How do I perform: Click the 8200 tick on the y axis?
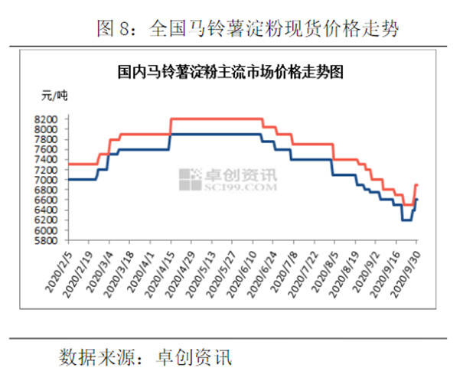click(x=47, y=119)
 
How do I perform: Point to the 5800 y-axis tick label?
click(x=47, y=240)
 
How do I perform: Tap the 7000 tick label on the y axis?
click(x=47, y=180)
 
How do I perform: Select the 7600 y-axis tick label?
click(x=47, y=150)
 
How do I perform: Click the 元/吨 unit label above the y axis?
click(x=54, y=96)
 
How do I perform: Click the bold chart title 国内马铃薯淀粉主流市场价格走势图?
click(x=230, y=73)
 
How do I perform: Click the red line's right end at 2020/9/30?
click(x=417, y=184)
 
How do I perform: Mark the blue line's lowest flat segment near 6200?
click(x=406, y=220)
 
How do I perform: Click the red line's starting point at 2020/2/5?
click(x=69, y=164)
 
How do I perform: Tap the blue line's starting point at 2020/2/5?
click(x=69, y=179)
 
